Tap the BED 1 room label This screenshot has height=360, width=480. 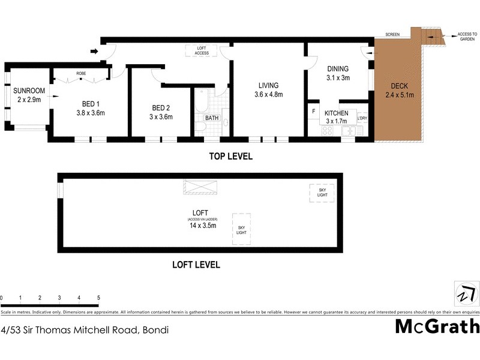click(x=91, y=104)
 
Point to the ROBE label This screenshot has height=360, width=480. click(x=80, y=74)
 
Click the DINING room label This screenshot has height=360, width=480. click(x=338, y=68)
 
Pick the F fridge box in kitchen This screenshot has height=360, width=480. click(x=313, y=111)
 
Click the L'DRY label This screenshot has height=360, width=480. click(x=362, y=118)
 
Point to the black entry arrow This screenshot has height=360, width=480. click(x=93, y=52)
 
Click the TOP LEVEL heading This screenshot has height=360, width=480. click(x=230, y=157)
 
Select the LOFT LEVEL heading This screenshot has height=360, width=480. click(x=196, y=265)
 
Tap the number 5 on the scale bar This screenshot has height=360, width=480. click(x=98, y=298)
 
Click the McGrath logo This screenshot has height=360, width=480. click(x=437, y=326)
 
